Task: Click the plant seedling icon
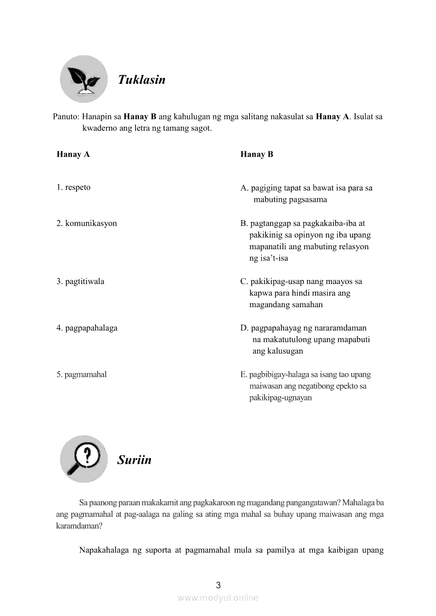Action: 83,79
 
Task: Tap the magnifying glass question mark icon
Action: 83,458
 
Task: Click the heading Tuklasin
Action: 141,80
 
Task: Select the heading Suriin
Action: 134,460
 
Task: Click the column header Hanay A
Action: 73,154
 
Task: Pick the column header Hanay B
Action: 257,154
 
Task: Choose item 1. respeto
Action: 73,188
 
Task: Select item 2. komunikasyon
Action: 87,223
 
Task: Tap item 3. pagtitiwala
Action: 80,281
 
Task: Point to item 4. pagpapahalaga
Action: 87,328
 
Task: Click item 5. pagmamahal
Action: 81,375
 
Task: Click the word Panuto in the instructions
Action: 65,117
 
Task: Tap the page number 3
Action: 218,584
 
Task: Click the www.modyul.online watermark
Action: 218,598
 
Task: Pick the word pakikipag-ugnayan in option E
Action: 280,398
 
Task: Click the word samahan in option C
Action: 307,305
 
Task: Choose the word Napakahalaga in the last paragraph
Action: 104,551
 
